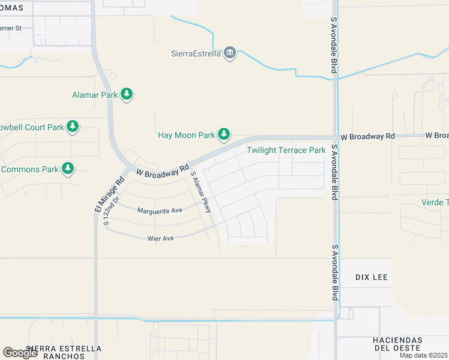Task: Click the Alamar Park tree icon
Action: [126, 94]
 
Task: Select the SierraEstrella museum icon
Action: [230, 54]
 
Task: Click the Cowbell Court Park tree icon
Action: [73, 127]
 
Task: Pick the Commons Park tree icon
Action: [68, 169]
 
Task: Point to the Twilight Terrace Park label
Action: [286, 150]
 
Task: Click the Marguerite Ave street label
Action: [159, 211]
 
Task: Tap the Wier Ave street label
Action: [160, 238]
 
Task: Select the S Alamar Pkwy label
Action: [201, 193]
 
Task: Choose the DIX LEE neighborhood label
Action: [372, 278]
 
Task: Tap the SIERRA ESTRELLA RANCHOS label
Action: [56, 352]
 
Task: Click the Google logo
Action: [20, 353]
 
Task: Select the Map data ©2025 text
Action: [423, 355]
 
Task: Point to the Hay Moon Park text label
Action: [186, 135]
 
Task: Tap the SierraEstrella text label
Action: [196, 54]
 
